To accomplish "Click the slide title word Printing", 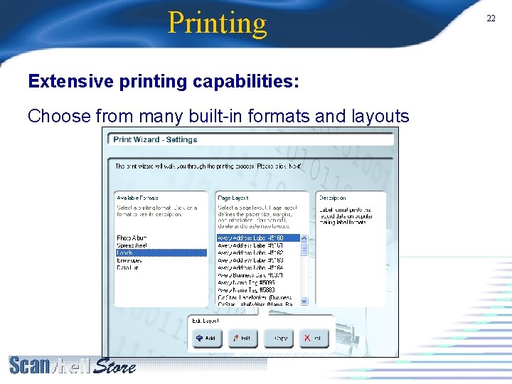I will pos(217,23).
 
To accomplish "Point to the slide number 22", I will pos(491,18).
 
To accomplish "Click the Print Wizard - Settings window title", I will pos(155,139).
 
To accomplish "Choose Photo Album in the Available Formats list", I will pos(132,238).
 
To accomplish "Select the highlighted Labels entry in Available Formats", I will pos(126,253).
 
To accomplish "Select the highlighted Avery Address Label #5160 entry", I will pos(251,238).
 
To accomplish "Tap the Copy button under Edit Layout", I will pos(279,338).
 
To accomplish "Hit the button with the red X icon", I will pos(314,338).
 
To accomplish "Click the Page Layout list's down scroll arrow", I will pos(304,301).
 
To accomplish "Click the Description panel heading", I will pos(332,198).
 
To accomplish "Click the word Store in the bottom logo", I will pos(114,367).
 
